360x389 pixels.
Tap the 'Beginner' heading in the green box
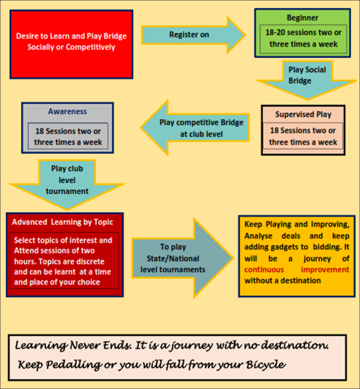pos(302,18)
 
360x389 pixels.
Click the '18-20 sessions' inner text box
pos(303,39)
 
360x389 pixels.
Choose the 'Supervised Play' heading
pos(303,114)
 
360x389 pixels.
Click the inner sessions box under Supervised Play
pos(303,136)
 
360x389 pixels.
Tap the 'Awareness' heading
pos(67,112)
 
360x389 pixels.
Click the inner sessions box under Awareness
pos(67,136)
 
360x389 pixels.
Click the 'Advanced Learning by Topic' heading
pos(62,222)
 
